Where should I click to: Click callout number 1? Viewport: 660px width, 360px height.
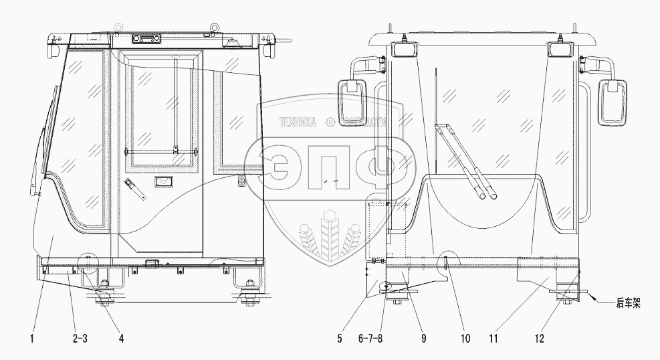(x=31, y=339)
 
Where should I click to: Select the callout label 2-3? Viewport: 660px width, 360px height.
(x=79, y=339)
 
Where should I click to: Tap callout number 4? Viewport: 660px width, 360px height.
(x=121, y=339)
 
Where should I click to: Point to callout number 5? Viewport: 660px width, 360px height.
(x=340, y=339)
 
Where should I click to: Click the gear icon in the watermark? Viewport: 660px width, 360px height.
(x=329, y=122)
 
